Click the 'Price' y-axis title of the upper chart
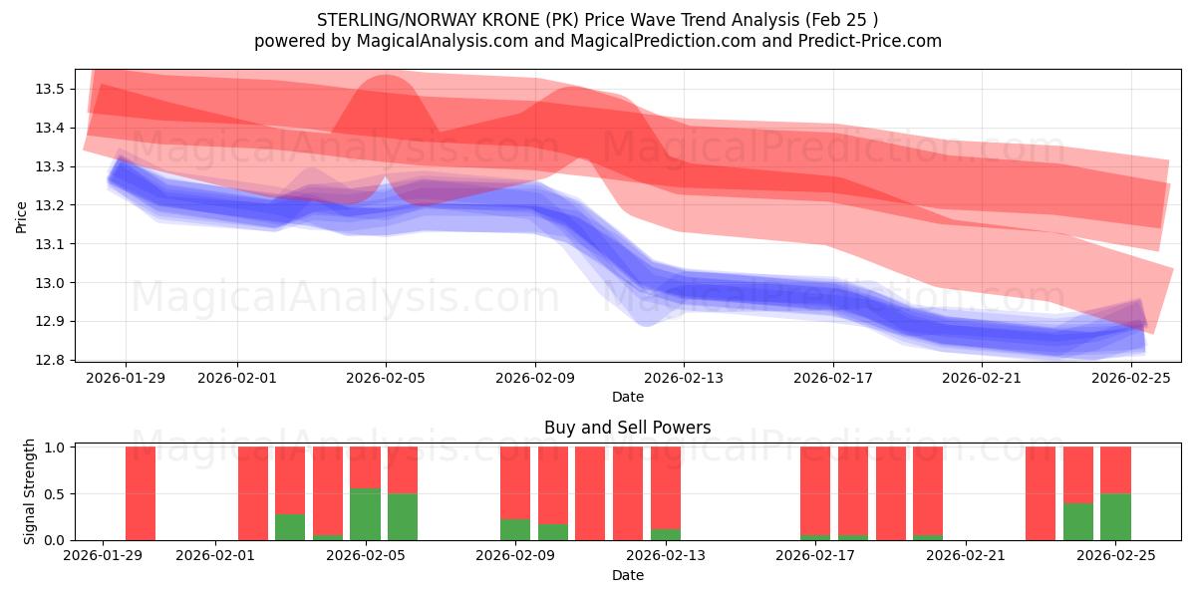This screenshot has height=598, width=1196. pyautogui.click(x=22, y=216)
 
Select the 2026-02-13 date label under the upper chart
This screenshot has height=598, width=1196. pyautogui.click(x=684, y=378)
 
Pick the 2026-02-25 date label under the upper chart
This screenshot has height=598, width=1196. pyautogui.click(x=1131, y=378)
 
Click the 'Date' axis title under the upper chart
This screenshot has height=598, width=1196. pyautogui.click(x=628, y=397)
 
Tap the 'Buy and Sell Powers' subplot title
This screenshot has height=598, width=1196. pyautogui.click(x=628, y=428)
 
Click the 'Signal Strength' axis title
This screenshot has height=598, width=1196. pyautogui.click(x=30, y=491)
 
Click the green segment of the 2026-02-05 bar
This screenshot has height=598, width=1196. pyautogui.click(x=365, y=514)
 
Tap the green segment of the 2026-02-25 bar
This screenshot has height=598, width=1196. pyautogui.click(x=1115, y=516)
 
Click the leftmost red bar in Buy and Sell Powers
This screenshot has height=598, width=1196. pyautogui.click(x=141, y=493)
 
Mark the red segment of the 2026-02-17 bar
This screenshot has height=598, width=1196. pyautogui.click(x=815, y=490)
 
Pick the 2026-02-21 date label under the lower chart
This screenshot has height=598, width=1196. pyautogui.click(x=967, y=556)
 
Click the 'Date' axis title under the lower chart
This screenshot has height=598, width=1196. pyautogui.click(x=628, y=575)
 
